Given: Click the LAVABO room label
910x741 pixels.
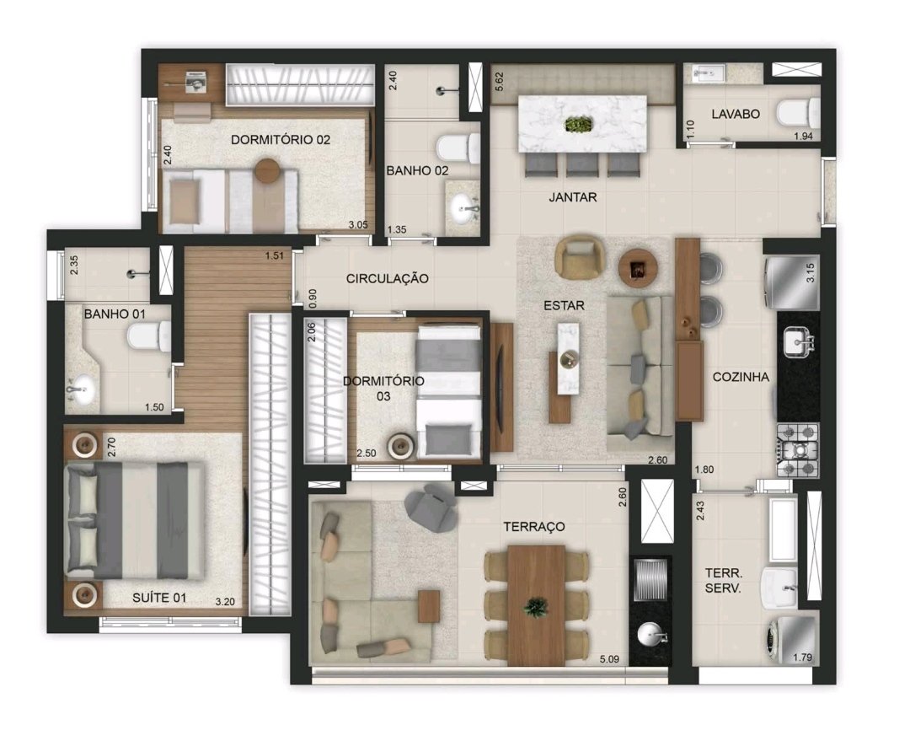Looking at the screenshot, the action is (736, 114).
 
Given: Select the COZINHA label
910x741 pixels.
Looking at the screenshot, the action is (741, 377).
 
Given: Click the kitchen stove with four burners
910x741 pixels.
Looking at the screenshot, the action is (798, 450).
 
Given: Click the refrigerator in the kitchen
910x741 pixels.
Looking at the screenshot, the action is (792, 282).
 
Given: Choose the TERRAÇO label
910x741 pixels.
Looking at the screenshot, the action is (534, 527).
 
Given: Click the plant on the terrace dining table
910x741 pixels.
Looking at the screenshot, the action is (535, 607).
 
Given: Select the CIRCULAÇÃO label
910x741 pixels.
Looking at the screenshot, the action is (387, 279).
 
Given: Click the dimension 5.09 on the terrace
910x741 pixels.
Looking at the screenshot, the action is (609, 660).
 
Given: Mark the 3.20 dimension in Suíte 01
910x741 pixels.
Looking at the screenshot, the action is (225, 602).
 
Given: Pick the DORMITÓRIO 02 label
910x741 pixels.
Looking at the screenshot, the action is (281, 140).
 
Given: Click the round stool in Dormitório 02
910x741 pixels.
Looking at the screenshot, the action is (268, 171).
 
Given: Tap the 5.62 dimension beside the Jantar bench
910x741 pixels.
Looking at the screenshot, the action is (499, 81).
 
